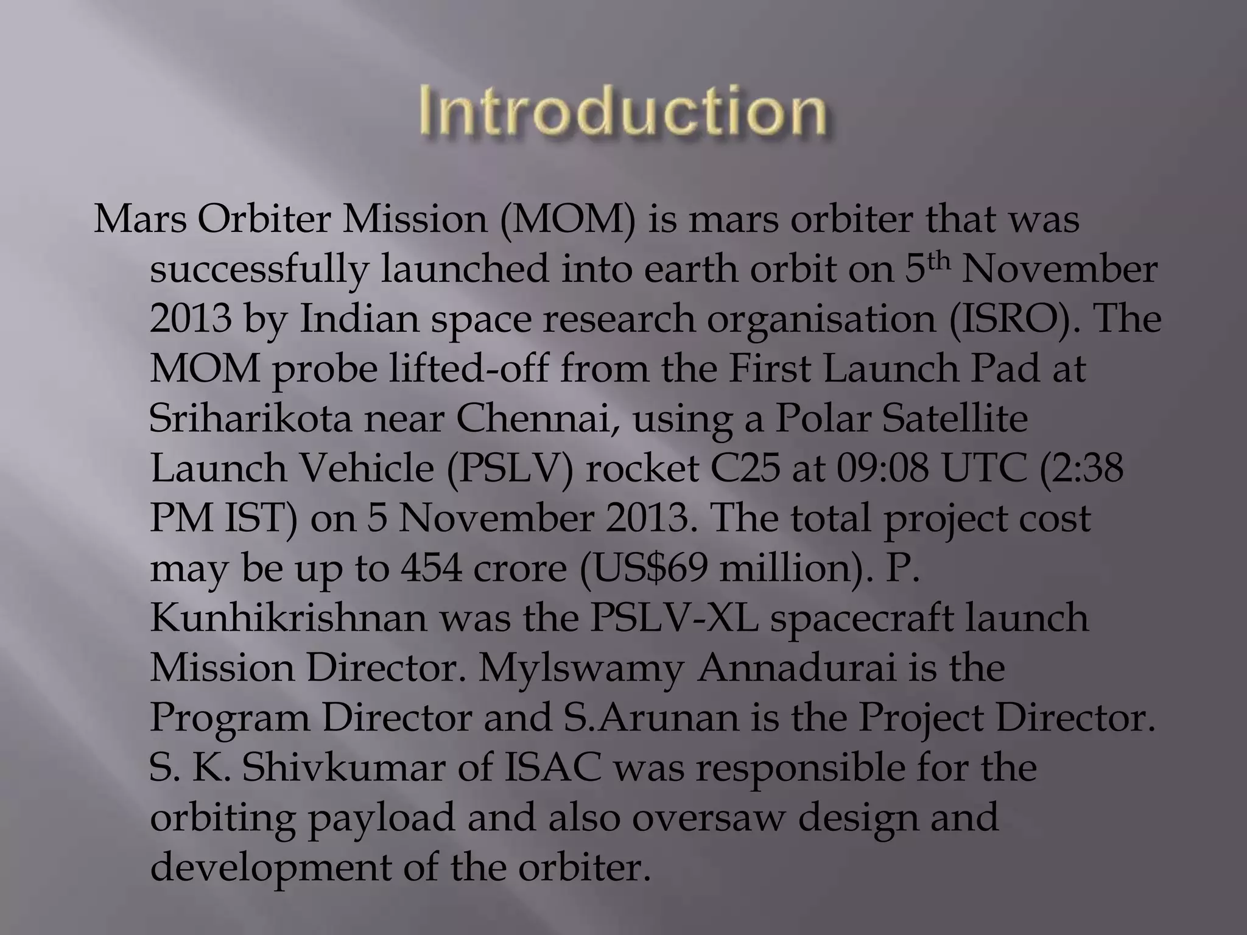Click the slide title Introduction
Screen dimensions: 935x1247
click(x=622, y=111)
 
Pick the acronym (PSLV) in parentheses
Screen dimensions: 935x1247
click(x=510, y=469)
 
